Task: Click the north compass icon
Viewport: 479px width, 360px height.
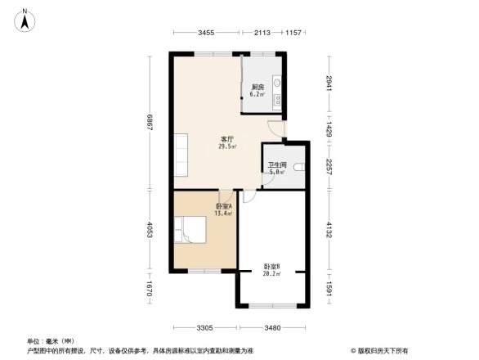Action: click(x=26, y=19)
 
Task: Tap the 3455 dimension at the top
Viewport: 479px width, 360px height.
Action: click(x=206, y=32)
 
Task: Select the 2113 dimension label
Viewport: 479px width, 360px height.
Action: click(x=262, y=32)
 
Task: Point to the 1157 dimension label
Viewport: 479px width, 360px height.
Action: click(x=294, y=32)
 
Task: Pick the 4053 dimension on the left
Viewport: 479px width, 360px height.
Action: click(x=150, y=230)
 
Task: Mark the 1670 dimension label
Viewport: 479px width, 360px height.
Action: click(x=150, y=289)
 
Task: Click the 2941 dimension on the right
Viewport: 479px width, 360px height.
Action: click(x=329, y=83)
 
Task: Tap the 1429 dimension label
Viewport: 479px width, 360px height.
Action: click(x=329, y=129)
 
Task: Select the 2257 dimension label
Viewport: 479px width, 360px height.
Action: click(x=329, y=168)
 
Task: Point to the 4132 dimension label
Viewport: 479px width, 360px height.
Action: click(x=329, y=230)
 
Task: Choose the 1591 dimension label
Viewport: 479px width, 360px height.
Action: click(x=329, y=289)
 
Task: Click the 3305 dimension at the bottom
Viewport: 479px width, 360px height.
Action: click(x=205, y=327)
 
